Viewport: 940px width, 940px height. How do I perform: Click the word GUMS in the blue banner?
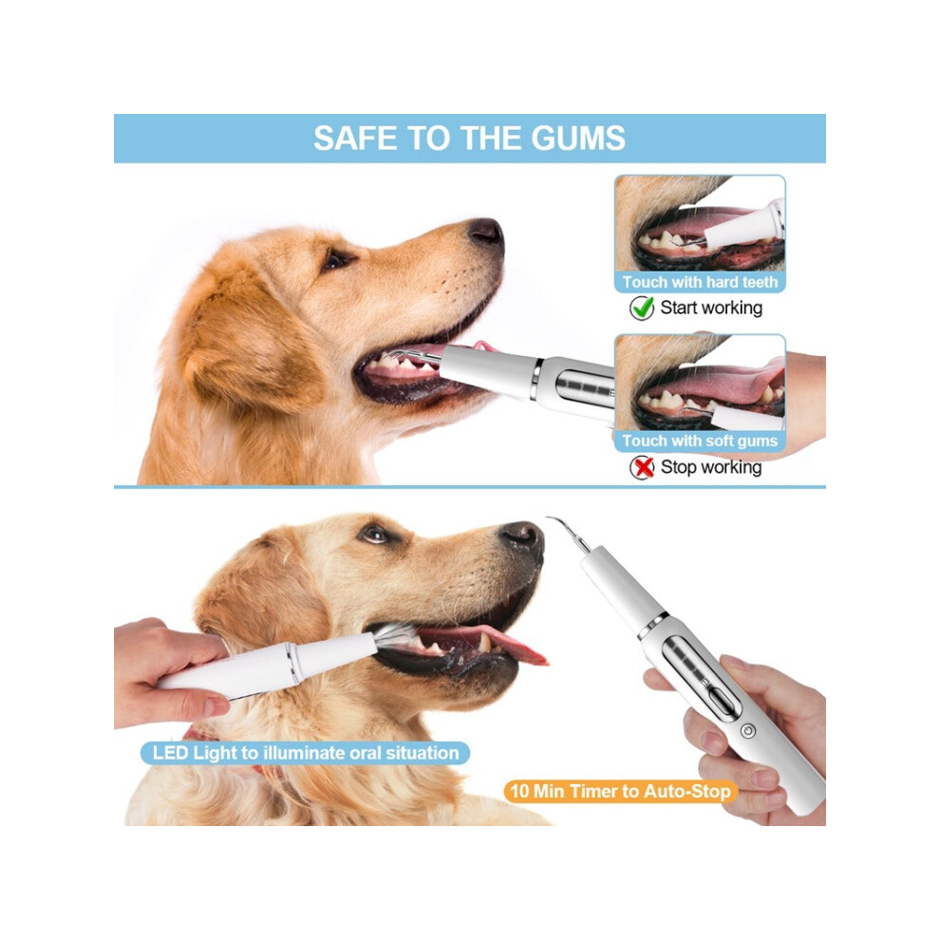[578, 138]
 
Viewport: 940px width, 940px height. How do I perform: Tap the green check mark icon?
[642, 308]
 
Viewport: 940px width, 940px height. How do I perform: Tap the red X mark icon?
[643, 467]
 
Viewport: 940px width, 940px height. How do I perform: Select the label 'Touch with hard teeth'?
[700, 282]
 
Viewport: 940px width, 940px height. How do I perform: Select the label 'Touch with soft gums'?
[700, 441]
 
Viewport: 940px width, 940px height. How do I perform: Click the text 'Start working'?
[711, 308]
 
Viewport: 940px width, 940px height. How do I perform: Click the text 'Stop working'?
[711, 467]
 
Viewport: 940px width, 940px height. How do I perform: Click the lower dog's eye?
[375, 534]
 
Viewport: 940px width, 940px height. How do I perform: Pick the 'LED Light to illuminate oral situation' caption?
[305, 753]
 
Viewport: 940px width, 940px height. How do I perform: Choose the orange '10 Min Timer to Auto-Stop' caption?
[620, 791]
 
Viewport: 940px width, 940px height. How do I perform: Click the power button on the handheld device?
[747, 731]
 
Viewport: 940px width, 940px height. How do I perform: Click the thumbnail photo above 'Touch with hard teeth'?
[700, 223]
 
